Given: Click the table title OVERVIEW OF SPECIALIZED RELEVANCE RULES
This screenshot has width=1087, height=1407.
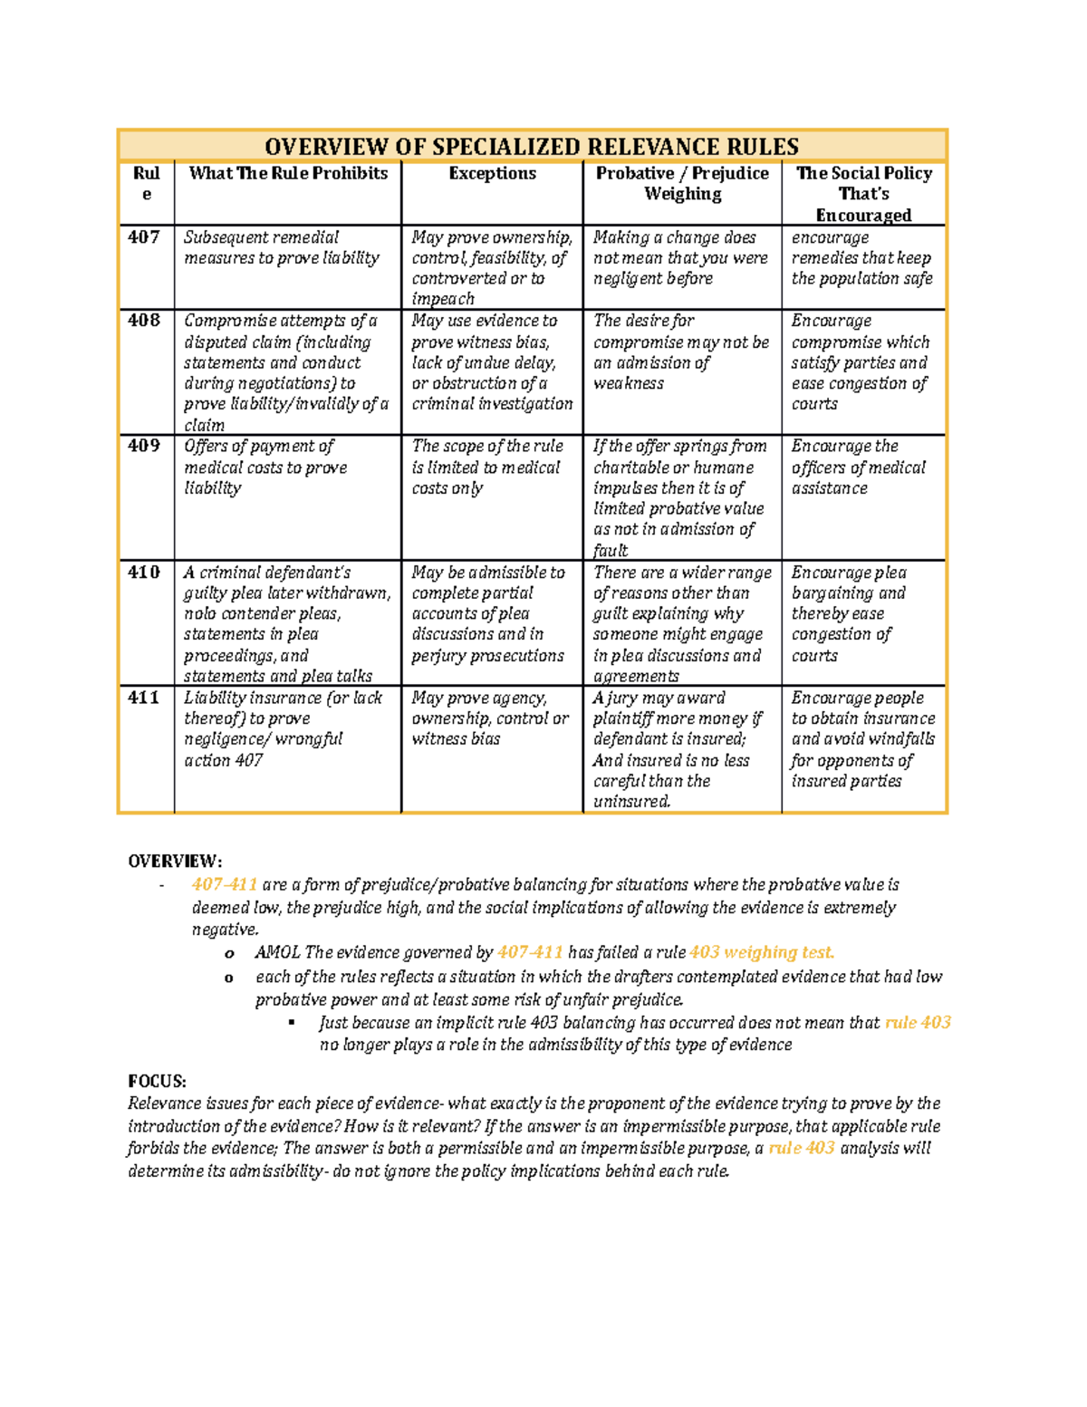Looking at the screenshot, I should (532, 147).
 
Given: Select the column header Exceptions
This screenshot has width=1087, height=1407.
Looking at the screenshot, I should (492, 173).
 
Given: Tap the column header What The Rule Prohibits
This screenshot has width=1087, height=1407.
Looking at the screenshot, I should (288, 173).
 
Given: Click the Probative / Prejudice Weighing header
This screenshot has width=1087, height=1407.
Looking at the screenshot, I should (682, 183).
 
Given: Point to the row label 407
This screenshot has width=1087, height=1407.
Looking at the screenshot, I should (144, 237).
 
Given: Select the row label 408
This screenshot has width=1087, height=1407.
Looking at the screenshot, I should (144, 321).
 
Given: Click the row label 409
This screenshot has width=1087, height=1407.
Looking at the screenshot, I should (144, 446).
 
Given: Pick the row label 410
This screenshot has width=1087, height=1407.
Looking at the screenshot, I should (144, 573).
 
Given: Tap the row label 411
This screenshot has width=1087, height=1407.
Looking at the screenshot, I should (144, 698).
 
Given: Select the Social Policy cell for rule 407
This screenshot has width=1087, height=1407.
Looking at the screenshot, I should (861, 258).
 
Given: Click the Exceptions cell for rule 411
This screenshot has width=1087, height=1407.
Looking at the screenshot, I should (490, 718).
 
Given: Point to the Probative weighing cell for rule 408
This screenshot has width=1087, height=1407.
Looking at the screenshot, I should (680, 352).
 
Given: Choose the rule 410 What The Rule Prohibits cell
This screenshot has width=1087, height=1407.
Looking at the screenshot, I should (286, 624).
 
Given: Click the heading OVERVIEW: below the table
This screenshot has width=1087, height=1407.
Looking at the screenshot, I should (175, 861).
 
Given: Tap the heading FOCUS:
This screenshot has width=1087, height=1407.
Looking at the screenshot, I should (157, 1081).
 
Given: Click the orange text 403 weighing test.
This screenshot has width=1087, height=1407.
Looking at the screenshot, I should (761, 952).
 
